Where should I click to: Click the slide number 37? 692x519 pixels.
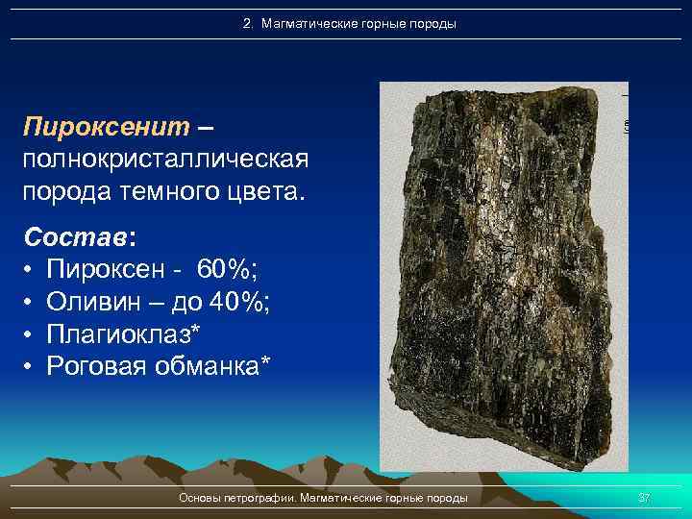coord(645,498)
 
